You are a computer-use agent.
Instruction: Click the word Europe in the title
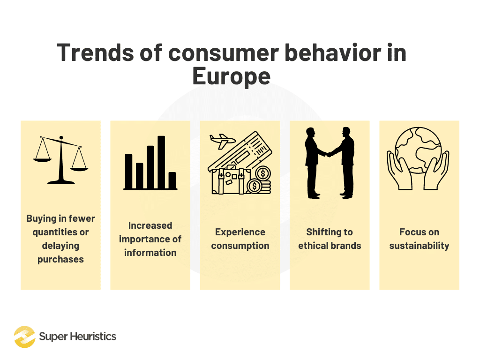point(232,76)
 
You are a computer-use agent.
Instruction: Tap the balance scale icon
point(60,159)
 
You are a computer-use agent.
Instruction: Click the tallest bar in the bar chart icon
point(161,162)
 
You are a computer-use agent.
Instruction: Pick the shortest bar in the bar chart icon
point(172,180)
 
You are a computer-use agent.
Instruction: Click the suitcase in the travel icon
point(228,180)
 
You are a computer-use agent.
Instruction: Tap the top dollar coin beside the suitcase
point(263,174)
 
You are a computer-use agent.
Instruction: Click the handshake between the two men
point(330,153)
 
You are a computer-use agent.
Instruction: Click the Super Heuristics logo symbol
point(24,337)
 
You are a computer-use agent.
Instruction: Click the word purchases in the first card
point(60,259)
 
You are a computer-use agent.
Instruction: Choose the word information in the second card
point(150,253)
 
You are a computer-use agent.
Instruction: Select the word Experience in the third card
point(240,232)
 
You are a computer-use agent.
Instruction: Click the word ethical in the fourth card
point(313,246)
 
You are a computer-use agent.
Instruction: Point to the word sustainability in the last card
point(419,246)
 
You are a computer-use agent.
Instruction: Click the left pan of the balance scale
point(43,159)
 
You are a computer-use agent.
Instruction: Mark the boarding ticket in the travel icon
point(253,150)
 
